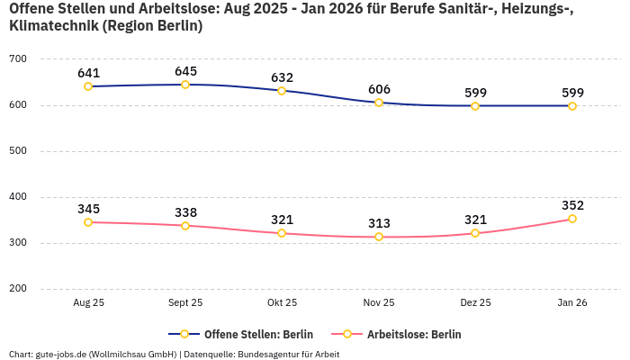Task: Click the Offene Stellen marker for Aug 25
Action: (x=88, y=86)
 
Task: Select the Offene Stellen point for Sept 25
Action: (x=185, y=85)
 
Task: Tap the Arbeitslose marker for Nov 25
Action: (x=379, y=237)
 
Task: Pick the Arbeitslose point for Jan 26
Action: (x=572, y=219)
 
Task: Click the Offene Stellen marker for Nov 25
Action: (x=379, y=103)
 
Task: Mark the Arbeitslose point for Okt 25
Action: (x=282, y=233)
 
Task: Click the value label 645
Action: (x=185, y=71)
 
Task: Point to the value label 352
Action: (x=572, y=205)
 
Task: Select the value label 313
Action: (x=379, y=223)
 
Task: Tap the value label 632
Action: (x=282, y=77)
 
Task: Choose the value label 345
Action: (x=88, y=209)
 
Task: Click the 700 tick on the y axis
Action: (x=18, y=59)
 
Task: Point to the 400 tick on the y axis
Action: (x=18, y=197)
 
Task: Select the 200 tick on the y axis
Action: (x=18, y=289)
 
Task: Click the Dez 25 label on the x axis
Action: (x=475, y=303)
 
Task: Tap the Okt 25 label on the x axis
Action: (x=282, y=303)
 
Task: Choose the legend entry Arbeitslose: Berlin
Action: (x=413, y=334)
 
